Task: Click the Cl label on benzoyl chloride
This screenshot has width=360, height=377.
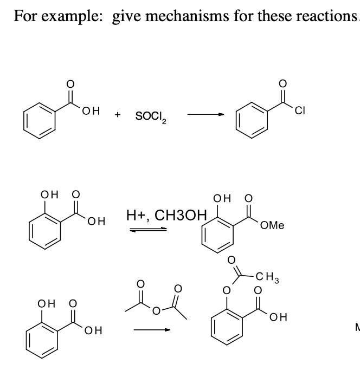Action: [301, 113]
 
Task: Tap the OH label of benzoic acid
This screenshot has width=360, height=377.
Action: [89, 113]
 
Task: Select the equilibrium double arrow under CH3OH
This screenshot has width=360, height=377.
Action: [147, 230]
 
